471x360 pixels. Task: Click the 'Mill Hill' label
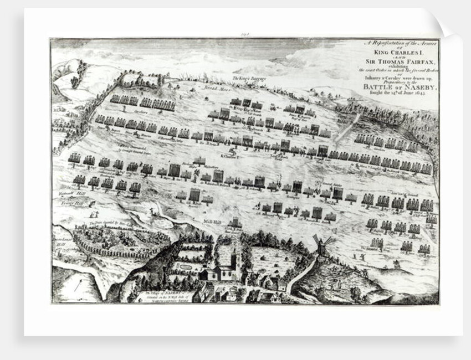pyautogui.click(x=212, y=222)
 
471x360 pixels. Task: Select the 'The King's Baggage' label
pyautogui.click(x=249, y=79)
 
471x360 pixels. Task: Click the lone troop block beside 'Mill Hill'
pyautogui.click(x=235, y=223)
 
